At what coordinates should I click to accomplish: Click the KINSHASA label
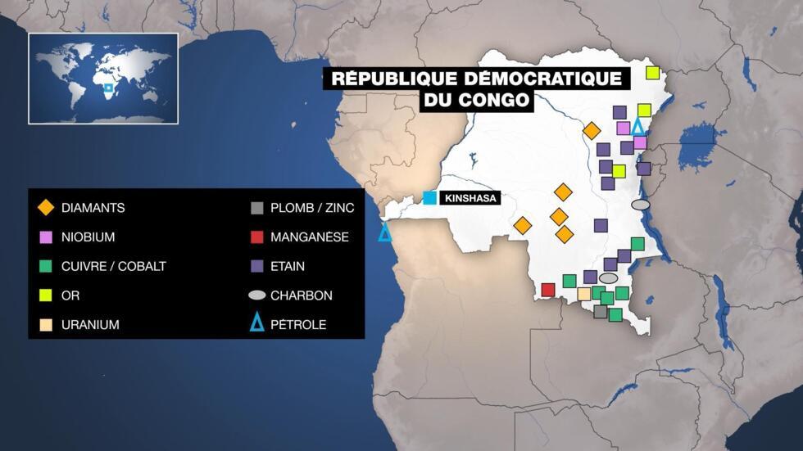[470, 198]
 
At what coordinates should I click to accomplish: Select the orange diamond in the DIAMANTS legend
[47, 208]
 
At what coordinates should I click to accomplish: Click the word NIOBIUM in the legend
[88, 237]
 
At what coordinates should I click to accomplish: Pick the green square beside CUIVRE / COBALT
[47, 266]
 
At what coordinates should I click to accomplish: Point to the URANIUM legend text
[90, 325]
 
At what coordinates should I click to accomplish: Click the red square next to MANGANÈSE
[257, 237]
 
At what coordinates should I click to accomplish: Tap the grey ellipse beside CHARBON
[257, 295]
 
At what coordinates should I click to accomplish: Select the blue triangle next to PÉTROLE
[257, 324]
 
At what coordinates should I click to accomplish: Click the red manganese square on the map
[548, 290]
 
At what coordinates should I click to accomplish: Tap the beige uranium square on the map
[584, 294]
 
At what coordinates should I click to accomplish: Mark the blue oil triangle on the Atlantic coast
[384, 232]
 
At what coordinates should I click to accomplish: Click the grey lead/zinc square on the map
[601, 311]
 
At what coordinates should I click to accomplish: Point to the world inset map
[103, 79]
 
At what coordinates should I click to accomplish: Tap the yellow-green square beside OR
[47, 295]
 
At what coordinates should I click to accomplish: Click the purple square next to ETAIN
[257, 266]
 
